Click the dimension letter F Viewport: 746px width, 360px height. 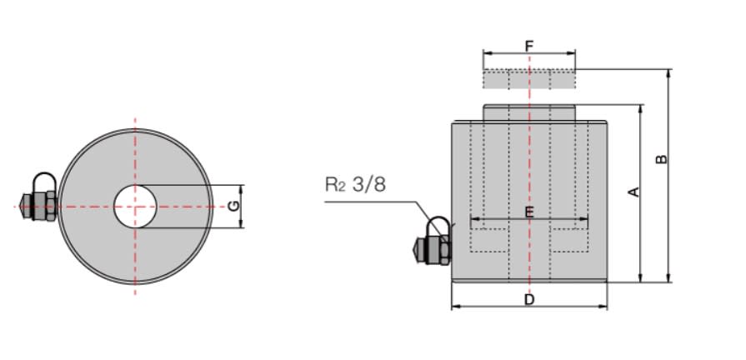[x=528, y=45]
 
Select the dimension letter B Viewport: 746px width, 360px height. [x=662, y=158]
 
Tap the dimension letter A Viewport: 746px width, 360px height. [x=633, y=192]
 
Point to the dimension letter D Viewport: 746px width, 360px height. [x=528, y=299]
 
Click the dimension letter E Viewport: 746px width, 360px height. [x=528, y=212]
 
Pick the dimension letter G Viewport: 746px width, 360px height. [x=234, y=205]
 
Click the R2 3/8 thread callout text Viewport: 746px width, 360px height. [x=356, y=184]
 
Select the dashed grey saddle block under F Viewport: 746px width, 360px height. [x=528, y=79]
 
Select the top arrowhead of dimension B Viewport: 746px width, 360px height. [x=668, y=72]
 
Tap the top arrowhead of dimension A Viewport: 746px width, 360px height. [x=640, y=109]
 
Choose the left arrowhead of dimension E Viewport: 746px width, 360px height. [x=474, y=222]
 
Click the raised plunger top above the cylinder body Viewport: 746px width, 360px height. [x=528, y=112]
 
